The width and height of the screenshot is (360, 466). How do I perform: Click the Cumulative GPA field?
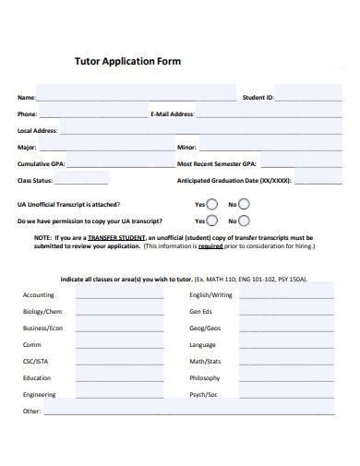click(111, 164)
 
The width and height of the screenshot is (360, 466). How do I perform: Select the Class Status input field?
click(111, 181)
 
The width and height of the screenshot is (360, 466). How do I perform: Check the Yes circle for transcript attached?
click(212, 204)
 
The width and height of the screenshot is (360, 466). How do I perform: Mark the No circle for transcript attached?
click(245, 204)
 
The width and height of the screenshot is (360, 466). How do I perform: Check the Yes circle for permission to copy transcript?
click(212, 221)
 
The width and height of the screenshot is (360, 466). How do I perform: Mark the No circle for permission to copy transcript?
click(245, 221)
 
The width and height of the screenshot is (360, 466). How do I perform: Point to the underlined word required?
click(210, 246)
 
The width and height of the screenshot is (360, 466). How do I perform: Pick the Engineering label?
click(41, 395)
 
